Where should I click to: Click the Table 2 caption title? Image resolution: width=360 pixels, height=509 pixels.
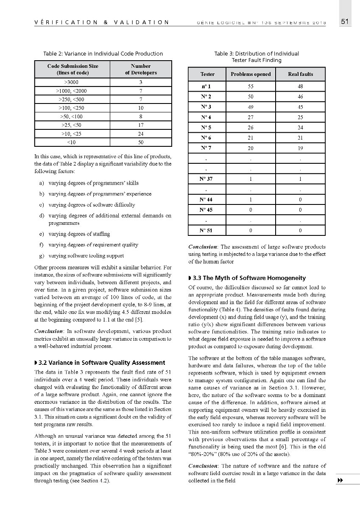pyautogui.click(x=103, y=53)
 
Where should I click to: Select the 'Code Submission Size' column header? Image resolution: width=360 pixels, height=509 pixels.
pyautogui.click(x=73, y=69)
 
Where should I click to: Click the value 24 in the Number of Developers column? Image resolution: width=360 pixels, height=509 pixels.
pyautogui.click(x=141, y=134)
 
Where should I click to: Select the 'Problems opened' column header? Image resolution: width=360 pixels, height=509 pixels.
pyautogui.click(x=251, y=74)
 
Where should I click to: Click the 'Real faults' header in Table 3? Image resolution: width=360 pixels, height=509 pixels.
pyautogui.click(x=300, y=74)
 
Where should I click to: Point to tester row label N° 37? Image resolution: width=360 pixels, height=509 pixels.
pyautogui.click(x=207, y=179)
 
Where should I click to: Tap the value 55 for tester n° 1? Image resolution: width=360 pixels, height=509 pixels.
pyautogui.click(x=251, y=87)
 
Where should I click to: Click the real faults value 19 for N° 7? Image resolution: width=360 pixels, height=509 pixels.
pyautogui.click(x=300, y=148)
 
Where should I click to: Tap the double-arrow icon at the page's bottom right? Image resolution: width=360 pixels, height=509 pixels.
pyautogui.click(x=340, y=480)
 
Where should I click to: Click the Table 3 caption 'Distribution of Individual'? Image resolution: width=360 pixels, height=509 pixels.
pyautogui.click(x=257, y=53)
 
